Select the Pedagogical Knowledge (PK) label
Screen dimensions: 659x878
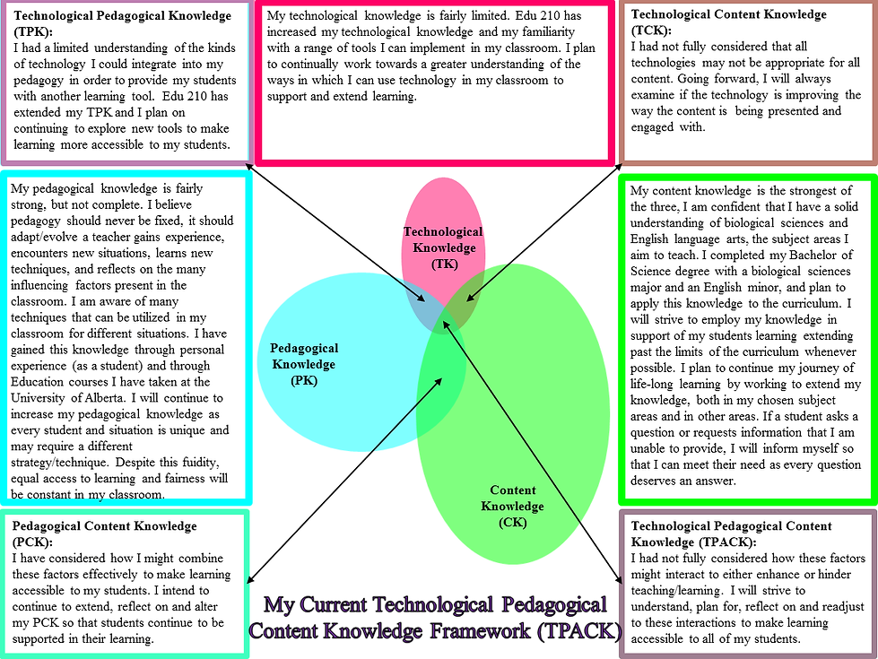(303, 364)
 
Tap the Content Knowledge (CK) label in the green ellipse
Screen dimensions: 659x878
(513, 507)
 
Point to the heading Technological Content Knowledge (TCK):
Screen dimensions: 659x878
(728, 22)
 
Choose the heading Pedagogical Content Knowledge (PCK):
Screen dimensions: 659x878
(104, 533)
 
